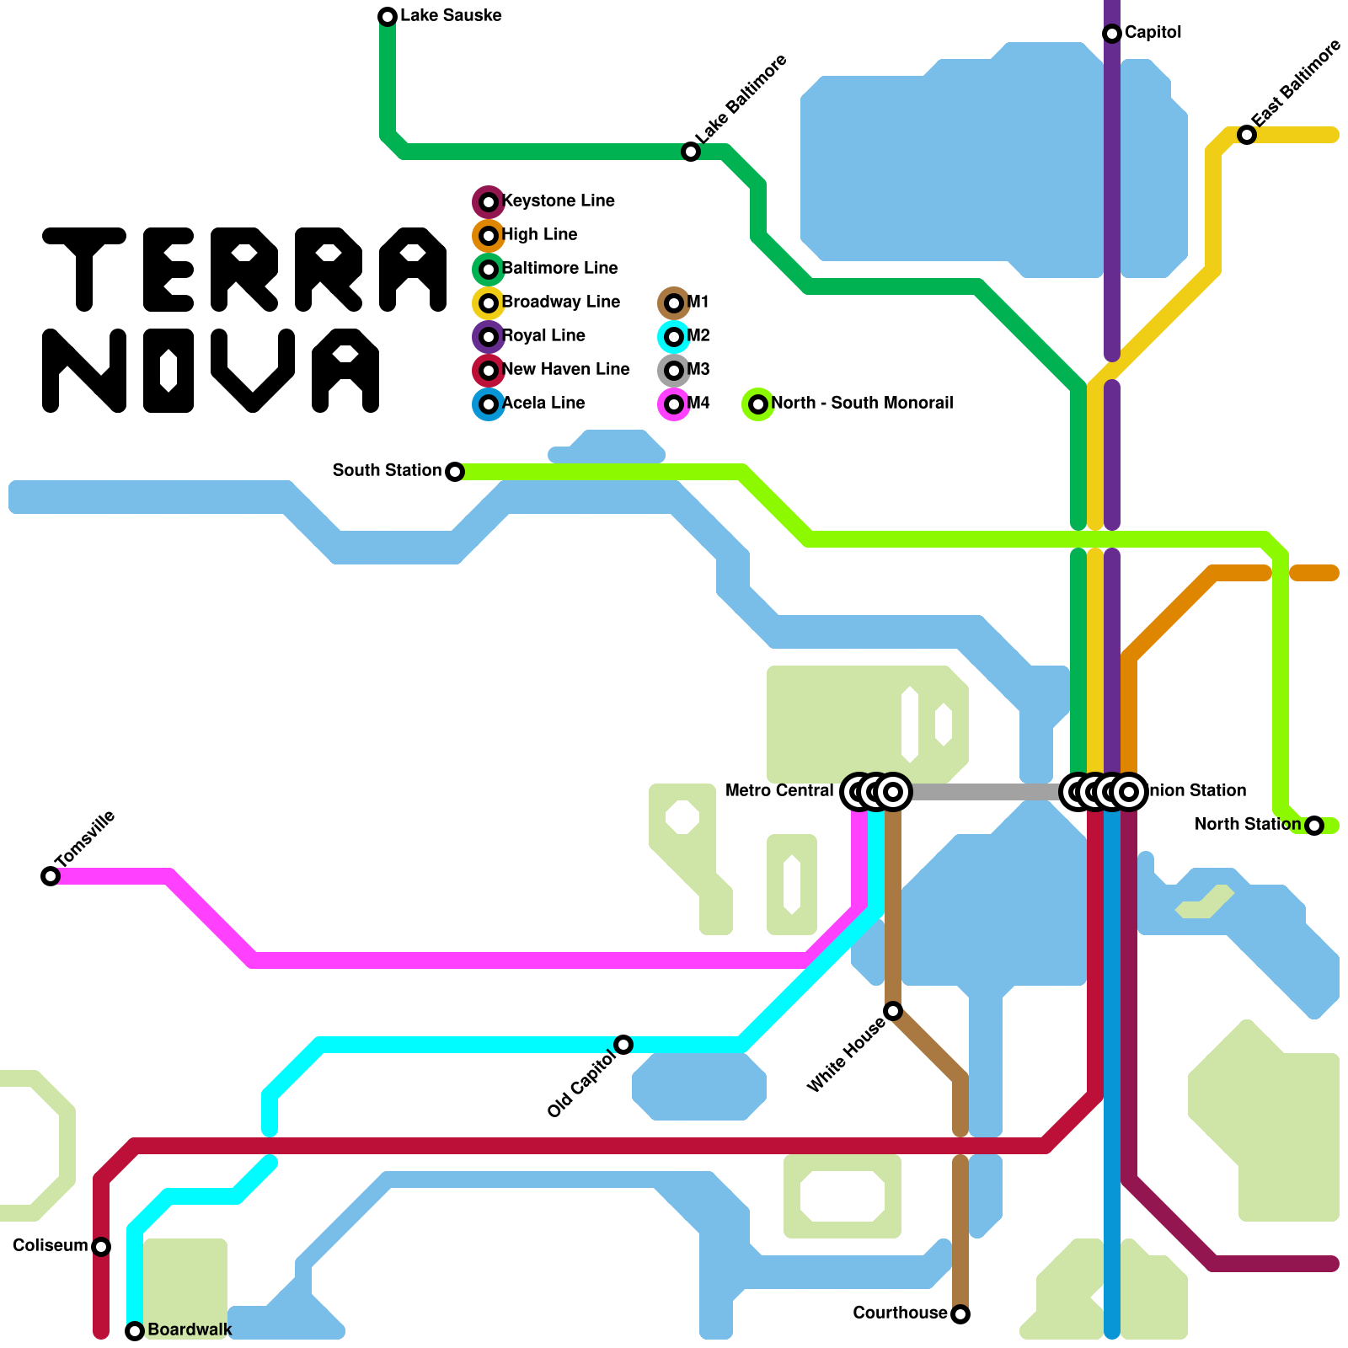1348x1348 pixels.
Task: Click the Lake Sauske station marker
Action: coord(388,17)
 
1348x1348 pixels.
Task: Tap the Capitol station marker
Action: coord(1112,34)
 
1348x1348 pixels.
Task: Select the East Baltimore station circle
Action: coord(1247,135)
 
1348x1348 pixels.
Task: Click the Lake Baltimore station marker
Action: coord(691,152)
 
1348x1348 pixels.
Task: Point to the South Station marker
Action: coord(455,472)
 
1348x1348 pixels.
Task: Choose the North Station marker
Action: coord(1314,826)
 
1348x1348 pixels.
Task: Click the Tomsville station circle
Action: coord(51,876)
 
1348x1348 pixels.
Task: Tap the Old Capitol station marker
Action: coord(623,1045)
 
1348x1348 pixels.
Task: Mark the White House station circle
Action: coord(893,1011)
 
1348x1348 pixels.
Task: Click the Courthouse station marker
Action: coord(960,1314)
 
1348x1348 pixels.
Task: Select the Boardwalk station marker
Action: coord(135,1331)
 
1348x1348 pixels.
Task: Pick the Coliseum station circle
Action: coord(101,1247)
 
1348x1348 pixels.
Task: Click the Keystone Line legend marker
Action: coord(489,202)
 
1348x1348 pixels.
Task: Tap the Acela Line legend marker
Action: coord(489,404)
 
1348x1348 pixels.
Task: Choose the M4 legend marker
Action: coord(674,404)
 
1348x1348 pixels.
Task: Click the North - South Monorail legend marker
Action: coord(758,404)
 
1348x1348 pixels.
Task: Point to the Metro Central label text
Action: coord(779,791)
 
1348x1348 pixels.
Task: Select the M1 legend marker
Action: coord(674,303)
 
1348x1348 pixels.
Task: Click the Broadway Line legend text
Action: coord(561,302)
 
